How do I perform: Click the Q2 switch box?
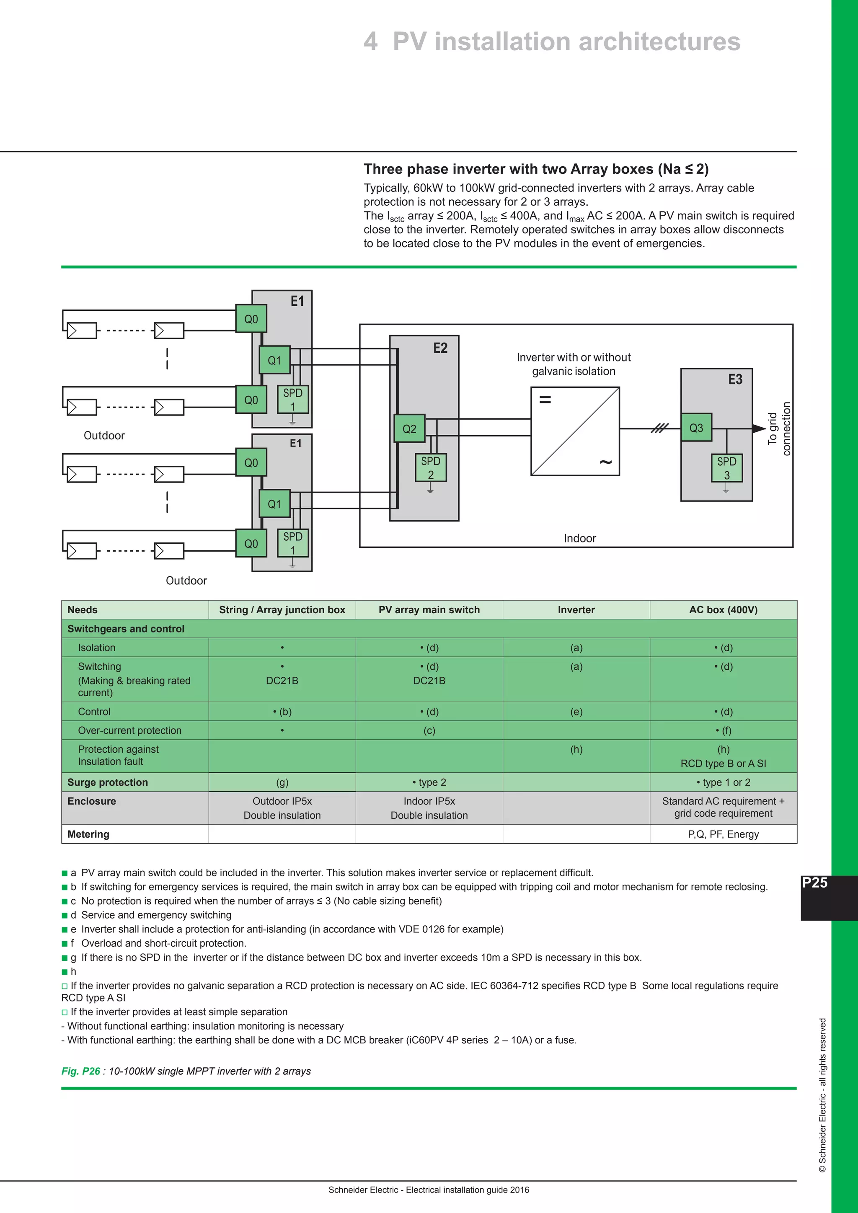tap(409, 428)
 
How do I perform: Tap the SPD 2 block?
tap(431, 467)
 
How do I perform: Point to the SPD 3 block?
tap(726, 468)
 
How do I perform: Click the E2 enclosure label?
tap(440, 348)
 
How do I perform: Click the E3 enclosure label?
tap(735, 379)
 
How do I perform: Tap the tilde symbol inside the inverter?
tap(605, 462)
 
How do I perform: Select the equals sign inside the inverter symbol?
tap(545, 400)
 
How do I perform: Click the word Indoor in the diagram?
tap(579, 538)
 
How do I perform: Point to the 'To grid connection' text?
tap(779, 428)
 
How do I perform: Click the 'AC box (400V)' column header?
tap(723, 610)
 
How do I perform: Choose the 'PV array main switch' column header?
tap(429, 610)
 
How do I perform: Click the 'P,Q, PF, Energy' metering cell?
tap(723, 834)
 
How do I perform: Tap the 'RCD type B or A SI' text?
tap(723, 764)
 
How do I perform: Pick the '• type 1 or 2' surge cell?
tap(723, 782)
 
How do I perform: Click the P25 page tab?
tap(815, 883)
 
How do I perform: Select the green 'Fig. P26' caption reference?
tap(81, 1071)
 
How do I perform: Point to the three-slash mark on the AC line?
tap(659, 428)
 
